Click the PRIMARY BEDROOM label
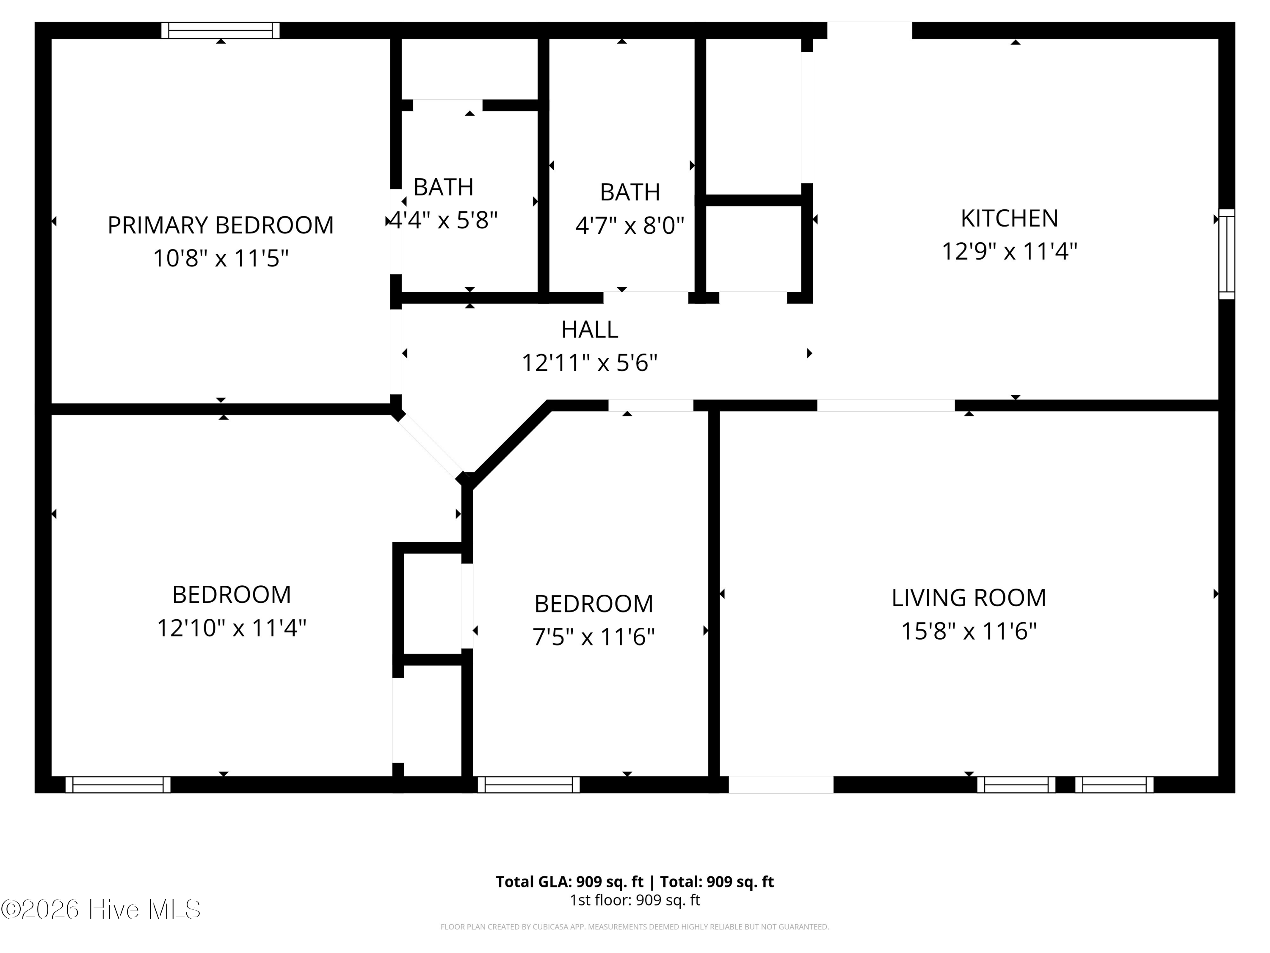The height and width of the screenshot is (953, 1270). click(x=221, y=225)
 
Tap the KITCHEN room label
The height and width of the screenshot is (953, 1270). click(x=1009, y=218)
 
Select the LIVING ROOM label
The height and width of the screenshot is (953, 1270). click(x=969, y=598)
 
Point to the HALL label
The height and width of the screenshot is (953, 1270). click(x=590, y=330)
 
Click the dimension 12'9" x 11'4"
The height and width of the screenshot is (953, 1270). click(x=1009, y=252)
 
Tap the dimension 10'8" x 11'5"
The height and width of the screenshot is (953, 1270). click(x=221, y=258)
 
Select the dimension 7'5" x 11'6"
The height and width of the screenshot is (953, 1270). click(x=594, y=637)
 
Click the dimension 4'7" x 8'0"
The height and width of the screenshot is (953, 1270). click(x=630, y=226)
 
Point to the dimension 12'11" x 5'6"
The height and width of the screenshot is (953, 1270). click(x=590, y=363)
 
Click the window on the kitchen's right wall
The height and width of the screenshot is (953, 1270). click(x=1226, y=254)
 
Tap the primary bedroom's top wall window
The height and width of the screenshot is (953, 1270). click(x=221, y=30)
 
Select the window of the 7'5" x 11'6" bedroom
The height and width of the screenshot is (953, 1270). click(x=529, y=785)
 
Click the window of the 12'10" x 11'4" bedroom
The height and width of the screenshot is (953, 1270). click(x=118, y=785)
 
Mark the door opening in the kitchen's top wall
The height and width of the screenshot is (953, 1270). click(x=869, y=30)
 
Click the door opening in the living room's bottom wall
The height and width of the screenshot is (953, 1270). click(x=781, y=785)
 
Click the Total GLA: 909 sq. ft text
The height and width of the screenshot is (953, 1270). click(x=569, y=882)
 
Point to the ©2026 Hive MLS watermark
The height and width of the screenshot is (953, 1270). click(x=101, y=909)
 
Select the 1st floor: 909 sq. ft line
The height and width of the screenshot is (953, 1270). click(x=635, y=900)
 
